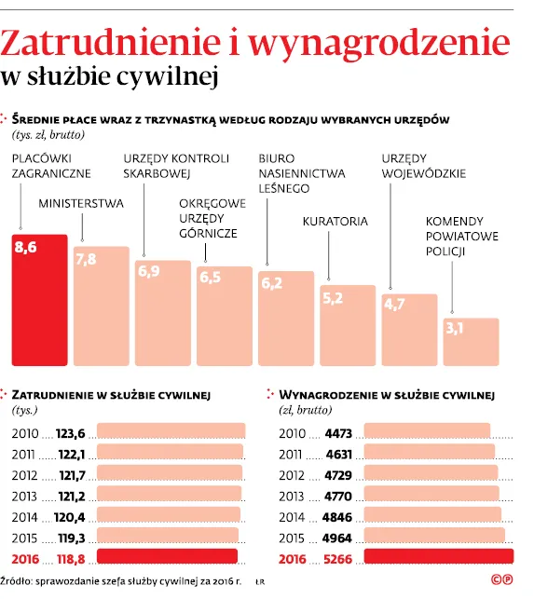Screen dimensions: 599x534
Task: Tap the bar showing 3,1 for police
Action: pyautogui.click(x=471, y=341)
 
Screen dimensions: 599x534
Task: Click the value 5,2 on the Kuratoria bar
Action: pyautogui.click(x=332, y=299)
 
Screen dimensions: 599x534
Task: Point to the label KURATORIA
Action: pyautogui.click(x=335, y=222)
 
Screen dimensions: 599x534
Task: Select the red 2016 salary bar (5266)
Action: pyautogui.click(x=438, y=557)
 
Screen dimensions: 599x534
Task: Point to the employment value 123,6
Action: pyautogui.click(x=71, y=433)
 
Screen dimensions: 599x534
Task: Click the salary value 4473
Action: pyautogui.click(x=339, y=433)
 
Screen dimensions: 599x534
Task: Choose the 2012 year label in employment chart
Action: pyautogui.click(x=24, y=474)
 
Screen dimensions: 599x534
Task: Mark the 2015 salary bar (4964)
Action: pyautogui.click(x=434, y=536)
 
